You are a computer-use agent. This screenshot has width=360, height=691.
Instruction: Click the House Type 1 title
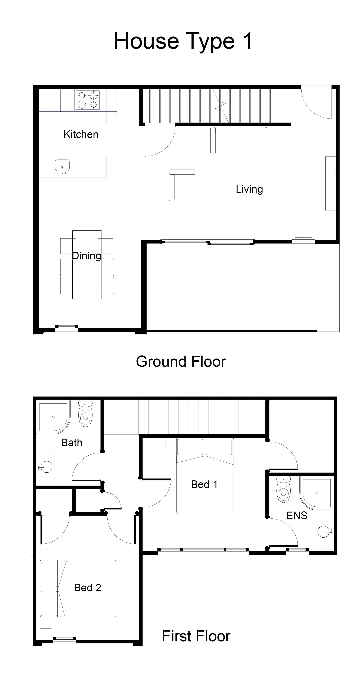pyautogui.click(x=183, y=41)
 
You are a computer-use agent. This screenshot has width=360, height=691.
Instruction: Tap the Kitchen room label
pyautogui.click(x=81, y=134)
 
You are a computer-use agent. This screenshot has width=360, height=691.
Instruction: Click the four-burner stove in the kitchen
pyautogui.click(x=88, y=100)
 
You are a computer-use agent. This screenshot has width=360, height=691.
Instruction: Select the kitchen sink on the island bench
pyautogui.click(x=62, y=167)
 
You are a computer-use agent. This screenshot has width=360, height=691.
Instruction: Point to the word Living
pyautogui.click(x=249, y=189)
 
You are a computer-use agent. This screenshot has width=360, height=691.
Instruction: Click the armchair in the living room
pyautogui.click(x=182, y=187)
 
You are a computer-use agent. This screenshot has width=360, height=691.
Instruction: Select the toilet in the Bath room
pyautogui.click(x=85, y=413)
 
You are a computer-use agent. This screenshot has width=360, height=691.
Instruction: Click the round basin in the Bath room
pyautogui.click(x=46, y=467)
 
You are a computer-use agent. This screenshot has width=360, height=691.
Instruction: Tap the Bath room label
pyautogui.click(x=72, y=443)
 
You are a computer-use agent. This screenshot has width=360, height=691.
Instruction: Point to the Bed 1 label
pyautogui.click(x=204, y=484)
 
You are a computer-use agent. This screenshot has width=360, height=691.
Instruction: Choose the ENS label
pyautogui.click(x=297, y=516)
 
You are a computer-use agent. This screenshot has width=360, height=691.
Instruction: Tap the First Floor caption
pyautogui.click(x=196, y=636)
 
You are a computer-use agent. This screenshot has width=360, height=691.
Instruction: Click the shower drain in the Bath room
pyautogui.click(x=53, y=417)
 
